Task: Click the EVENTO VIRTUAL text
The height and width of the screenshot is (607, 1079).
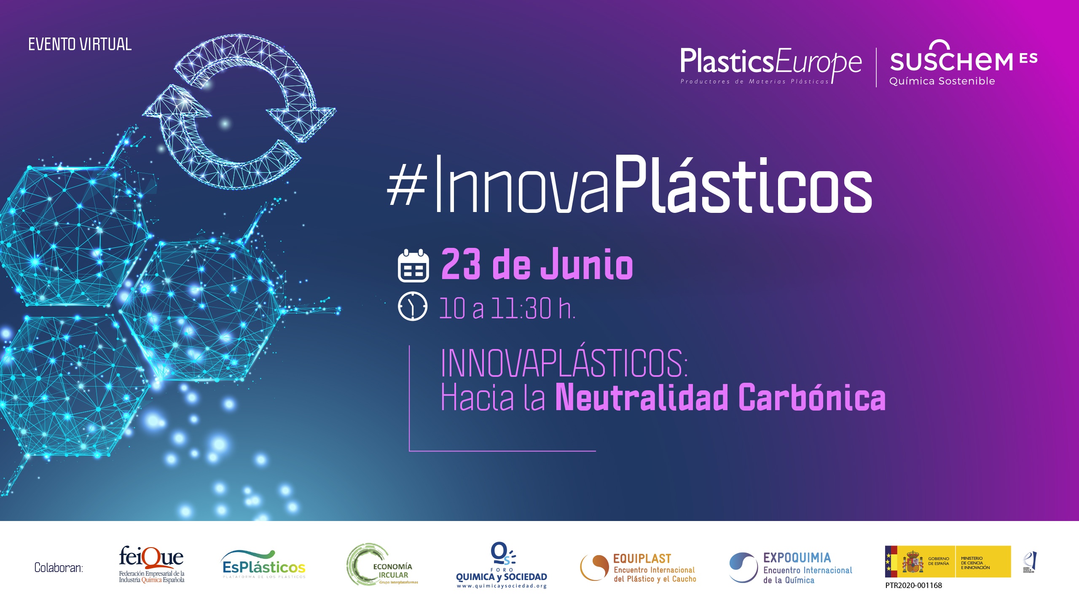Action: (80, 44)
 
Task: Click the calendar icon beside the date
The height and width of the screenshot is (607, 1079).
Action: (413, 266)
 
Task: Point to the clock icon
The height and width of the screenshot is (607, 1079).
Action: (412, 306)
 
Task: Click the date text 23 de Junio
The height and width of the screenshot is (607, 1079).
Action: (537, 264)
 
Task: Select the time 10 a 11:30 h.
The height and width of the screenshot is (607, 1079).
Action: (507, 308)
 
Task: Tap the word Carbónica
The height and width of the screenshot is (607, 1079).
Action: (812, 397)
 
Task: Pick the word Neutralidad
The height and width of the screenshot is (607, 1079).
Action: (642, 397)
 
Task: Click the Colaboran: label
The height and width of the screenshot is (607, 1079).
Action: (59, 568)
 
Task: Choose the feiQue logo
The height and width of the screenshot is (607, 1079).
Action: (151, 564)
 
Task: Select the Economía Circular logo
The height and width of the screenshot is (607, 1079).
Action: (382, 565)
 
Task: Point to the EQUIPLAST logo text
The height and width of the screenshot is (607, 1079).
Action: (642, 559)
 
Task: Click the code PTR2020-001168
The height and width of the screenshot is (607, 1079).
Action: (913, 586)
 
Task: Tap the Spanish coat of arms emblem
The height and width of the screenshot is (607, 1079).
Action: (913, 562)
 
